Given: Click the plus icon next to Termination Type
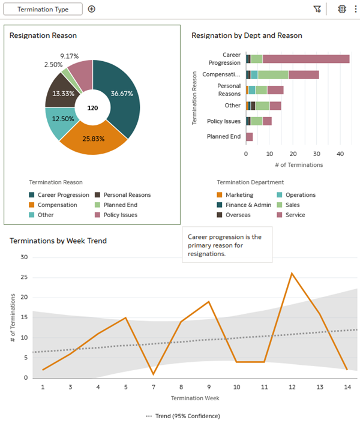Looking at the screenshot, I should tap(92, 9).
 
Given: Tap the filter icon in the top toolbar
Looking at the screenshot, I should tap(317, 9).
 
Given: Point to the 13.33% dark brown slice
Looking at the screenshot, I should tap(61, 92).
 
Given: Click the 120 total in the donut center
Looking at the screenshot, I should tap(92, 108).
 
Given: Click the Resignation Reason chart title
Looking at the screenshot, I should tap(43, 35).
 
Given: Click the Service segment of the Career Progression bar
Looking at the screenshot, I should tap(305, 59).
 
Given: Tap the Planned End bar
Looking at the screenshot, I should tap(249, 137).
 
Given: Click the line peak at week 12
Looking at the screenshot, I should tap(292, 273).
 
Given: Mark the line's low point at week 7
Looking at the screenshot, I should tap(154, 374).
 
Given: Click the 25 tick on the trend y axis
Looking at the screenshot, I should tap(24, 277).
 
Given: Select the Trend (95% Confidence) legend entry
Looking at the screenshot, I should tap(183, 416).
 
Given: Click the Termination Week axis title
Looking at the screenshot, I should tap(195, 398).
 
